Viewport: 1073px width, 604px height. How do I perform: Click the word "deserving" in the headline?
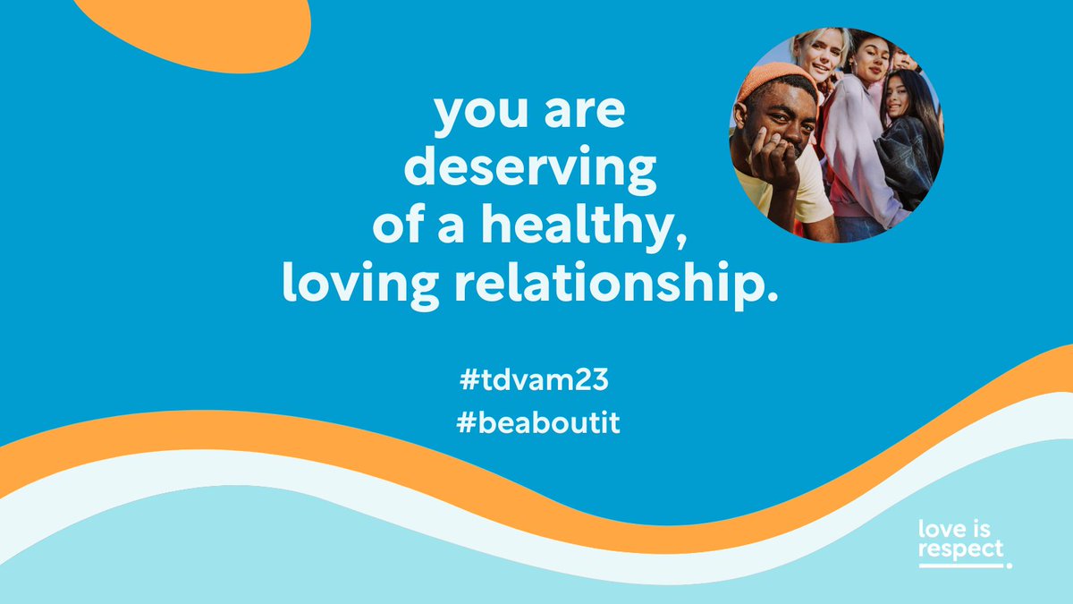click(528, 169)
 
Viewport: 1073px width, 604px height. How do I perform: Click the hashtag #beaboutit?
click(536, 423)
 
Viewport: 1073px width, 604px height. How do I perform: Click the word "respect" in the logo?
click(960, 549)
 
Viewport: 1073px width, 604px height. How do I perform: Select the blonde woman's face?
click(821, 54)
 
